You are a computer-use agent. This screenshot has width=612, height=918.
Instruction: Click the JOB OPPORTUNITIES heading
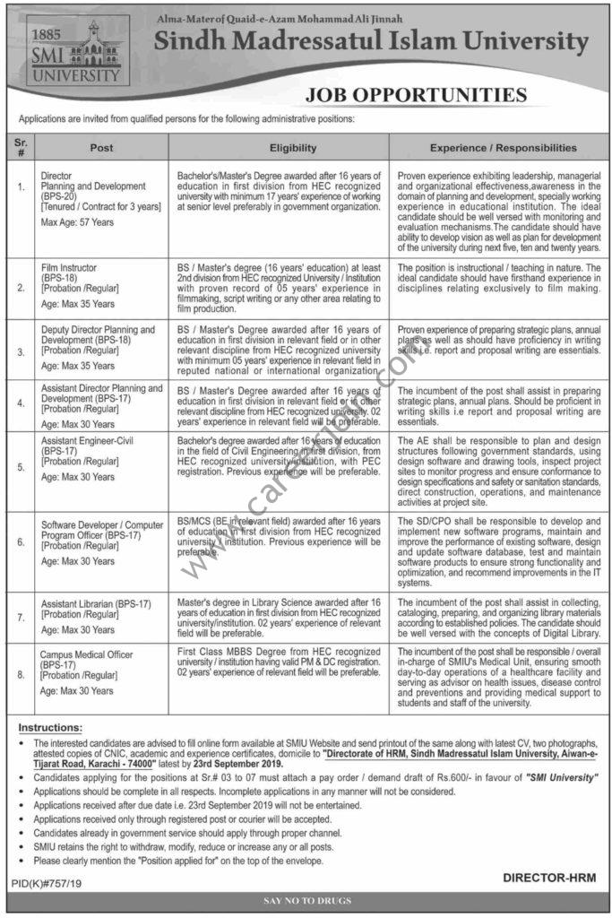[x=415, y=95]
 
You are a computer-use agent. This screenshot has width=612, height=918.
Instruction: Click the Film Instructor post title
[x=67, y=266]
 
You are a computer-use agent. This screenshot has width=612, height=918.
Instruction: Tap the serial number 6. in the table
[x=21, y=541]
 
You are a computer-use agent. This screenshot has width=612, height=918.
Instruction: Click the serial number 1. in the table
[x=21, y=186]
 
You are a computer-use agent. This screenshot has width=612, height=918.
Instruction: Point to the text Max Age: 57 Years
[x=77, y=221]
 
